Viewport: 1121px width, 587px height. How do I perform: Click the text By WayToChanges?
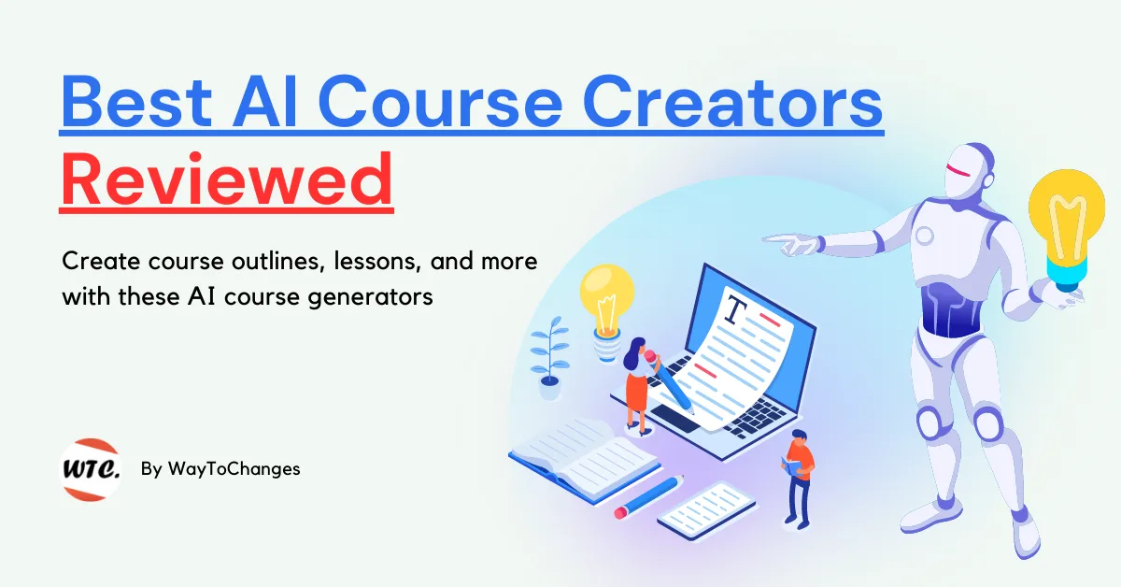pyautogui.click(x=220, y=469)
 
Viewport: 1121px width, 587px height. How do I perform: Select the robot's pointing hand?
pyautogui.click(x=799, y=245)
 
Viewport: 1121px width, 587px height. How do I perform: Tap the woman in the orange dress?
pyautogui.click(x=638, y=383)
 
